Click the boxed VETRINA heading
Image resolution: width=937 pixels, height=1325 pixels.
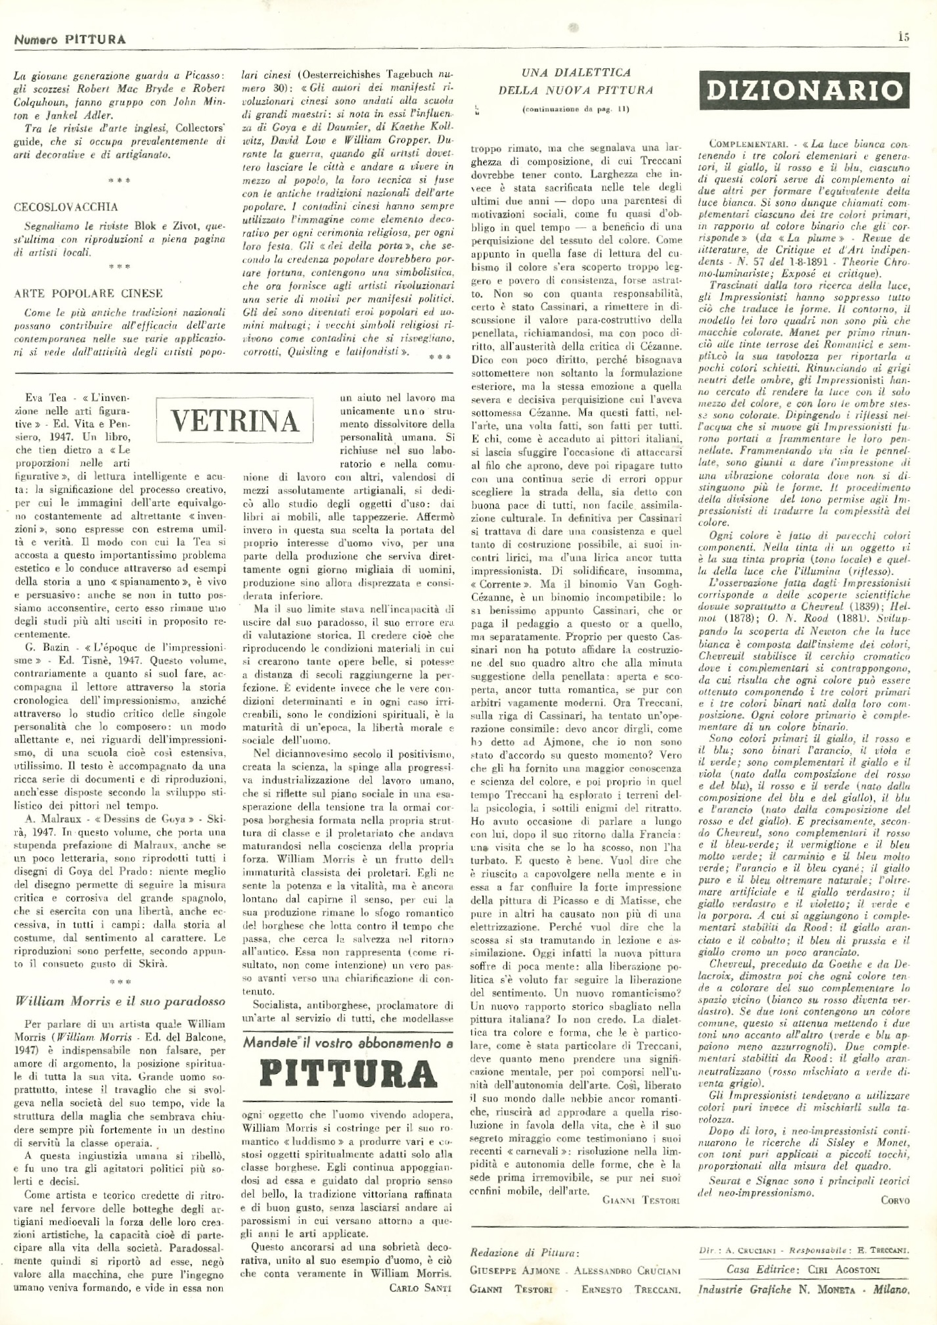coord(235,421)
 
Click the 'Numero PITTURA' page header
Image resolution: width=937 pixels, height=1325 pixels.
coord(70,39)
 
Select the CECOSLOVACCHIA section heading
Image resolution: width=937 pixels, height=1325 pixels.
coord(66,206)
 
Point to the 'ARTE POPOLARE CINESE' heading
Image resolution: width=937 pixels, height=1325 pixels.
coord(88,293)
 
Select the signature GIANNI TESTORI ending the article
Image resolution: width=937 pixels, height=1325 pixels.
coord(641,1199)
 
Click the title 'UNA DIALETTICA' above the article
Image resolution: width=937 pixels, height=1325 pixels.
coord(576,72)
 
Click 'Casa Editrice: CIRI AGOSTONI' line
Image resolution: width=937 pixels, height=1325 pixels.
coord(803,1270)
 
